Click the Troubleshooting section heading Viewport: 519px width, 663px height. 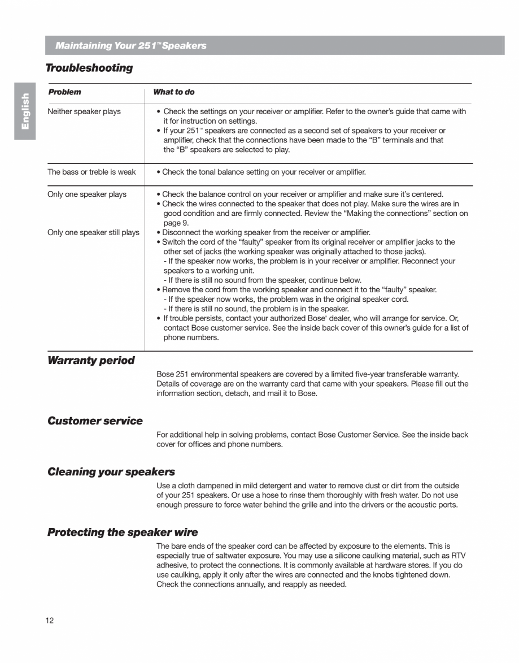[89, 68]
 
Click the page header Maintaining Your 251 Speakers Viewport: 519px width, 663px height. [130, 46]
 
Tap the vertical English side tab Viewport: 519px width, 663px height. [25, 111]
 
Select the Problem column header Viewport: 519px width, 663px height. [64, 92]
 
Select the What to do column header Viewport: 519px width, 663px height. [174, 92]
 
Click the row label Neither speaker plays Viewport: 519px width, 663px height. [84, 111]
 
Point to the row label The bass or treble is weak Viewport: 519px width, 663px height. [91, 172]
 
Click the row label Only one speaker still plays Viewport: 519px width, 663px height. [93, 232]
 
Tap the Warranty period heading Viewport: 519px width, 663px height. [91, 361]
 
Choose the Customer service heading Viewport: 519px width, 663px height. [95, 421]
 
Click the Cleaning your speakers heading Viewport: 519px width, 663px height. [111, 472]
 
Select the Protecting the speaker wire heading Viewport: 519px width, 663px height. [123, 532]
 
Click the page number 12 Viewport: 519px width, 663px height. [50, 621]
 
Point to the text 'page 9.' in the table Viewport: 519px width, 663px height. [176, 223]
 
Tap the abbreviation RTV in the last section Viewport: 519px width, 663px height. [459, 556]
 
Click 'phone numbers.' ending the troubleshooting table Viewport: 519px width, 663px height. [191, 337]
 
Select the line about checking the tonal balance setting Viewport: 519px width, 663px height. [263, 172]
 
